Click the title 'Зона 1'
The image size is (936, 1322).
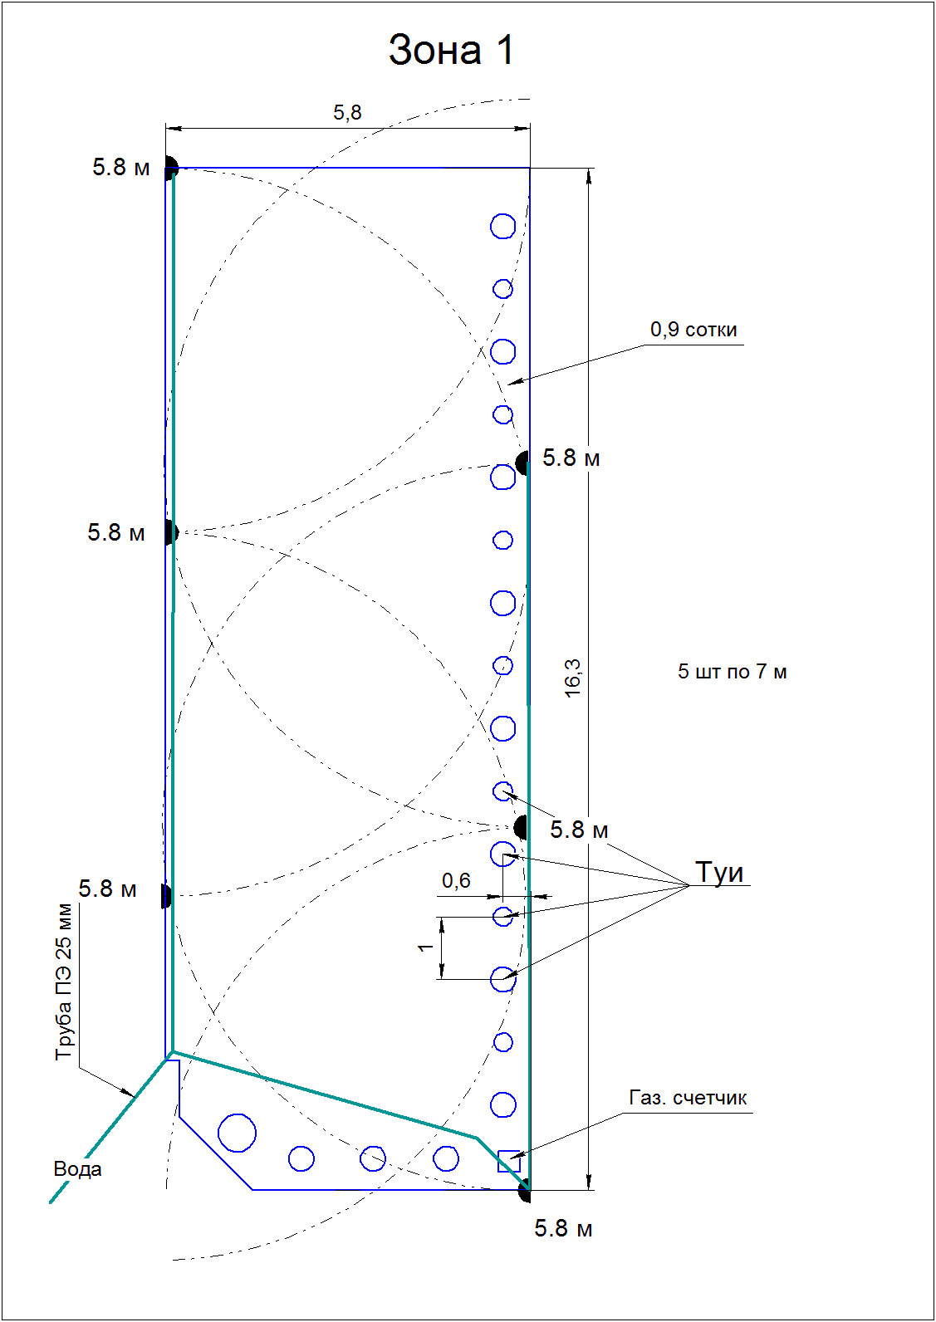[x=451, y=50]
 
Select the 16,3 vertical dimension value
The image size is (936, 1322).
[x=573, y=678]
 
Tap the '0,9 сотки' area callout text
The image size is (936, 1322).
[x=693, y=330]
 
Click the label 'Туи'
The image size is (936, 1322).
[x=719, y=872]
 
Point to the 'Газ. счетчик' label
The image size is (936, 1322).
[x=688, y=1098]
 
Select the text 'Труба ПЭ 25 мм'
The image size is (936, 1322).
[x=63, y=982]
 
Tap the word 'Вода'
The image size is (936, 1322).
[x=77, y=1168]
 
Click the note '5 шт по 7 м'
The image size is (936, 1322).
[x=732, y=671]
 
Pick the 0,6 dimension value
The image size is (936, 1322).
[x=456, y=880]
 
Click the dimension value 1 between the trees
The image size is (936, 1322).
[x=425, y=947]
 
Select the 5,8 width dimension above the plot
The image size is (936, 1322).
[x=348, y=112]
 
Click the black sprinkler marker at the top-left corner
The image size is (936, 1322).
[x=170, y=169]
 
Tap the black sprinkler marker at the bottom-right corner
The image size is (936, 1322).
[x=525, y=1191]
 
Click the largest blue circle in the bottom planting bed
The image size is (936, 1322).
[x=237, y=1133]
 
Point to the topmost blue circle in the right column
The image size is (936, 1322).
[x=502, y=226]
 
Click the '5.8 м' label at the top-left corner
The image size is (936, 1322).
[x=121, y=168]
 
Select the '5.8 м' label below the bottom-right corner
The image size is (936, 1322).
[x=563, y=1229]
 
